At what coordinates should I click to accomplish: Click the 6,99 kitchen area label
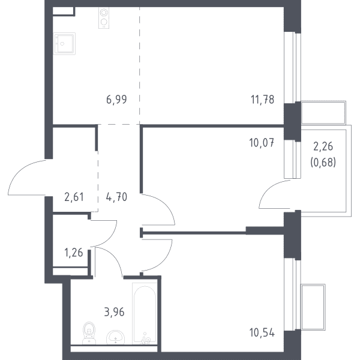[116, 100]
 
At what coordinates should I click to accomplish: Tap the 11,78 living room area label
[262, 100]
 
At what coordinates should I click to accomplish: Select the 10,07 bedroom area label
[262, 143]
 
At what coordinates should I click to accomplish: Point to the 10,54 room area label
[262, 332]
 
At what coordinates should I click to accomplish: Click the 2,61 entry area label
[74, 197]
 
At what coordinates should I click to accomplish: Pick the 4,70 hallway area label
[116, 197]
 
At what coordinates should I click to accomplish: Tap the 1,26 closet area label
[74, 253]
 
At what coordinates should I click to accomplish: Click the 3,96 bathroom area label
[114, 312]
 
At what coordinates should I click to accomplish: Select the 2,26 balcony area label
[323, 146]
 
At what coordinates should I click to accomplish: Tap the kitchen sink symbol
[65, 44]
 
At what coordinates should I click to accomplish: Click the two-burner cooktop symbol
[104, 17]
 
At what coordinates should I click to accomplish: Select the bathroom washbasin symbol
[115, 337]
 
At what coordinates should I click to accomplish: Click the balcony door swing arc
[266, 190]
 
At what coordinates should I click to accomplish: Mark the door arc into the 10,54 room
[166, 260]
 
